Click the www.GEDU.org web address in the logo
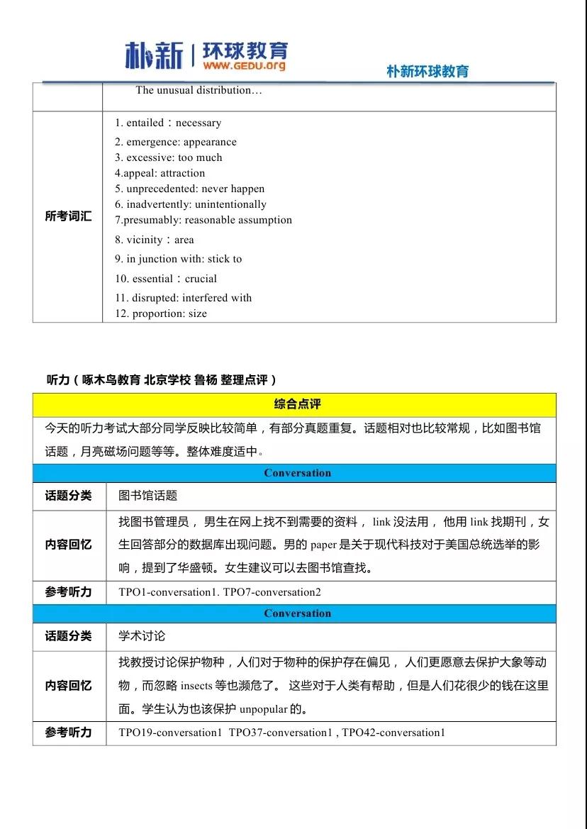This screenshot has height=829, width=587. point(245,65)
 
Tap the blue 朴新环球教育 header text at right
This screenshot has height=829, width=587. point(427,72)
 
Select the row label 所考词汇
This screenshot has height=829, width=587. point(68,216)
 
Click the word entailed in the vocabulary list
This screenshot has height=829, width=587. point(145,123)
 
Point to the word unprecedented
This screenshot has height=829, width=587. point(162,189)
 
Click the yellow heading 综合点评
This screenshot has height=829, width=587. point(297,404)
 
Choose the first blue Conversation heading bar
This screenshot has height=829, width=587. point(297,473)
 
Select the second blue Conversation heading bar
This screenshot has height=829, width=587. point(297,613)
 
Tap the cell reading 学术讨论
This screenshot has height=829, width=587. point(142,636)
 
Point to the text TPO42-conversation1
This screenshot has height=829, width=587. point(393,732)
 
